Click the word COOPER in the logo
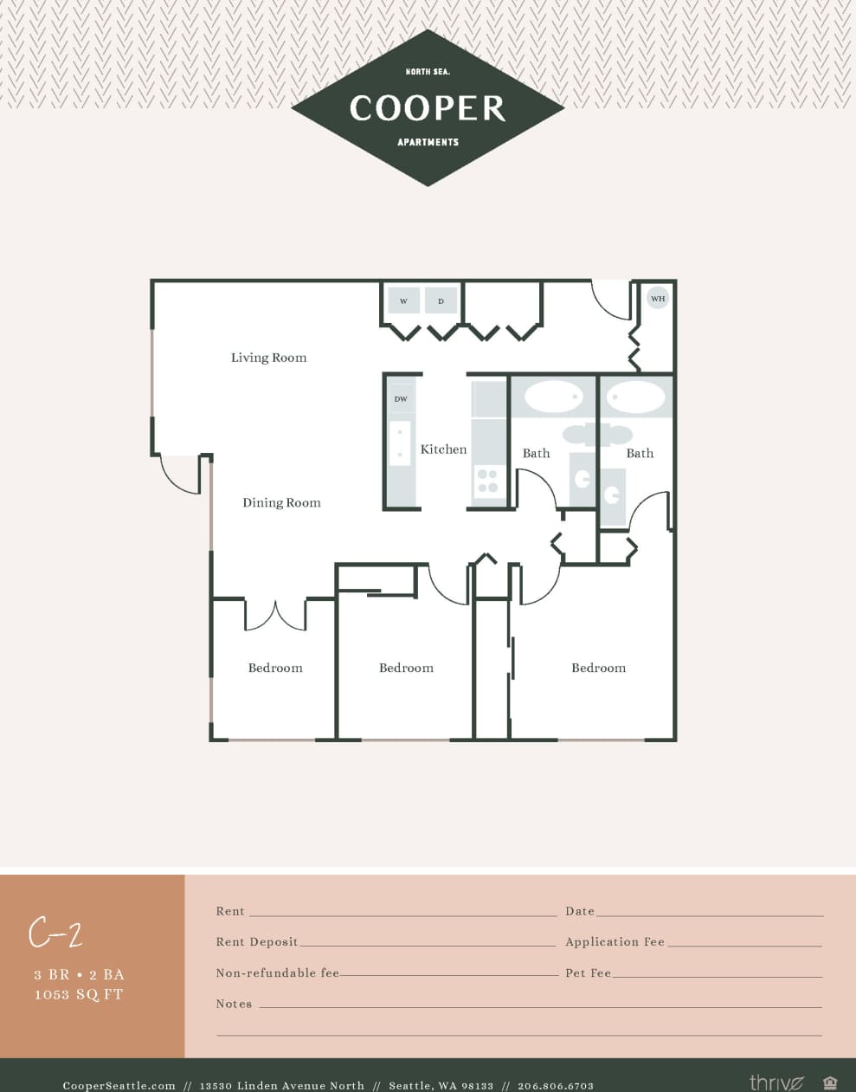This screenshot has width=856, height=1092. tap(428, 108)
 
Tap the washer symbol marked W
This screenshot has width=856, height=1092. tap(403, 300)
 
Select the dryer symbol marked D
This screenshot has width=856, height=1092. tap(441, 300)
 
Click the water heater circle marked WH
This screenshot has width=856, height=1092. tap(658, 298)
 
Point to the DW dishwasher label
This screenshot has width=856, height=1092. tap(401, 399)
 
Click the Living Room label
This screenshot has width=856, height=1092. tap(268, 358)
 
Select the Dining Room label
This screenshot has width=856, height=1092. tap(281, 502)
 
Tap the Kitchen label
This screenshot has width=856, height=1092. tap(443, 449)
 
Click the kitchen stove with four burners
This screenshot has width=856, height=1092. tap(487, 481)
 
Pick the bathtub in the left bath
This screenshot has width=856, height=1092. tap(554, 397)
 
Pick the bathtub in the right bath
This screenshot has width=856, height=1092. tap(636, 397)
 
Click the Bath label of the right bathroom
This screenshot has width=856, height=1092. tap(640, 453)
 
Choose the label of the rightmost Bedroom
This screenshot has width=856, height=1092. tap(598, 668)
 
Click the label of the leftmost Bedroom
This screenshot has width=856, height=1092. tap(275, 668)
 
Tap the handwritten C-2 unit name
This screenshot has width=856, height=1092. tap(55, 933)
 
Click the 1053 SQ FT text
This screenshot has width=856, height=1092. tap(79, 994)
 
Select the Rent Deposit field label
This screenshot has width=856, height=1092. tap(257, 942)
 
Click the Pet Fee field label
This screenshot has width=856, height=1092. tap(589, 973)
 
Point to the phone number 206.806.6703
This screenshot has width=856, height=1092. tap(556, 1085)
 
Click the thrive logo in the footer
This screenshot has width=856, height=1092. tap(776, 1082)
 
